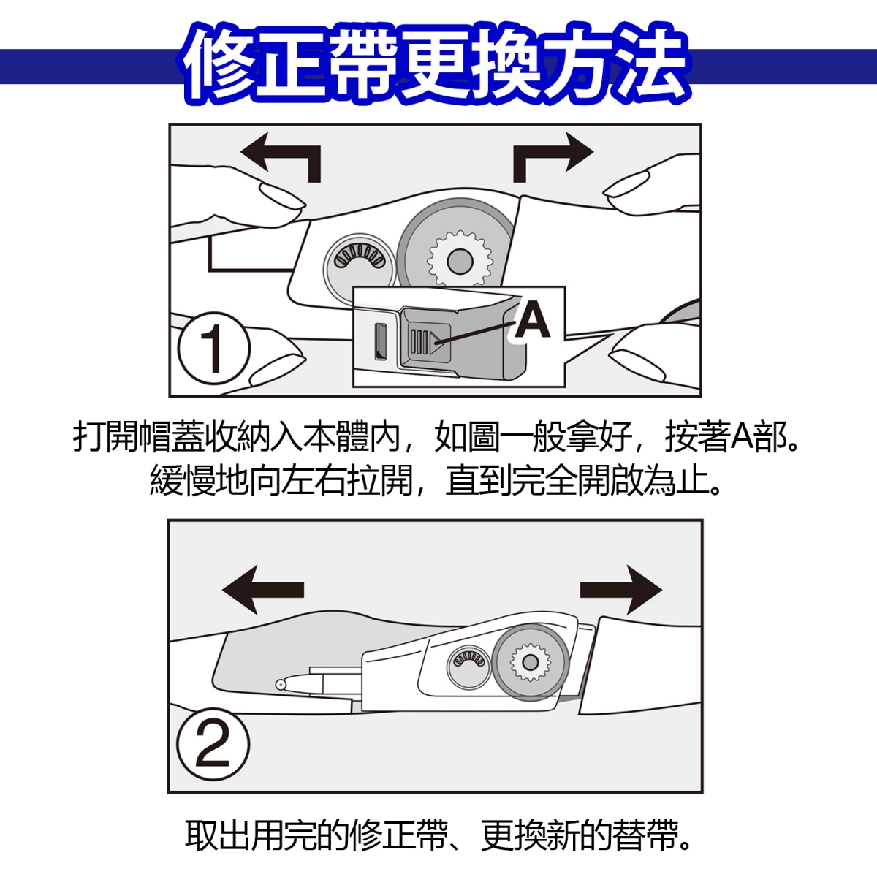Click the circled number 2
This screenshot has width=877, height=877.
tap(213, 745)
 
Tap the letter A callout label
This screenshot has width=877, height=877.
tap(532, 320)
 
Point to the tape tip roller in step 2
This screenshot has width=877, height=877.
tap(281, 684)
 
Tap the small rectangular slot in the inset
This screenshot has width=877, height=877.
tap(380, 341)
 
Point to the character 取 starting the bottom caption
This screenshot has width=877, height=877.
tap(201, 835)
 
